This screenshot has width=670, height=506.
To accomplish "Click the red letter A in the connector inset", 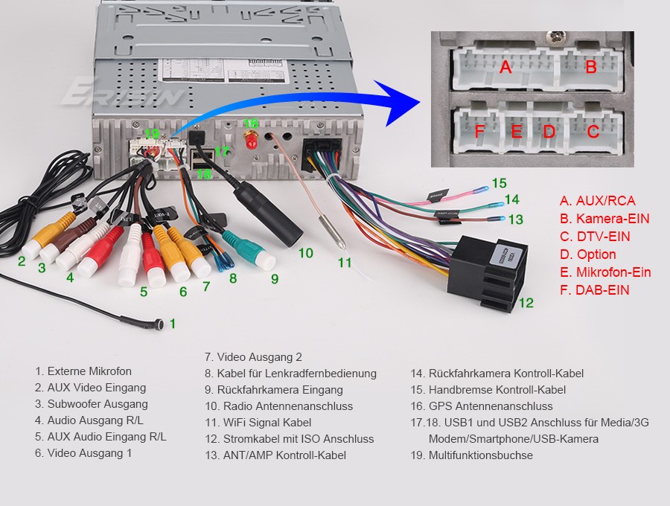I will click(506, 68).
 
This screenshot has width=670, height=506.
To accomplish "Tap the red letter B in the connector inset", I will click(590, 68).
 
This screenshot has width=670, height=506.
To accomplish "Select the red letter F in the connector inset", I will click(479, 132).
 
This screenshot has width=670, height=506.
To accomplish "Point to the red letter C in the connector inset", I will click(593, 132).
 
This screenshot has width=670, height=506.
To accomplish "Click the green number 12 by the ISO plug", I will click(526, 303).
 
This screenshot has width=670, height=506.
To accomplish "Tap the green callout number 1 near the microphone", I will click(173, 324).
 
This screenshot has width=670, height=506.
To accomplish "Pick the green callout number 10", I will click(305, 253).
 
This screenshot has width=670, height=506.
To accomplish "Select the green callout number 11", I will click(344, 263).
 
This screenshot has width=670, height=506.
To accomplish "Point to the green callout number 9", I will click(274, 279).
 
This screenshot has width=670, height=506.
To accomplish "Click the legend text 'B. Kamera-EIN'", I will click(604, 219).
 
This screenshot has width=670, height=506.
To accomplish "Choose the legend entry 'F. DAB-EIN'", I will click(594, 290).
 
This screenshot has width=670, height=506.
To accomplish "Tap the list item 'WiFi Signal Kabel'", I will click(258, 423).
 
